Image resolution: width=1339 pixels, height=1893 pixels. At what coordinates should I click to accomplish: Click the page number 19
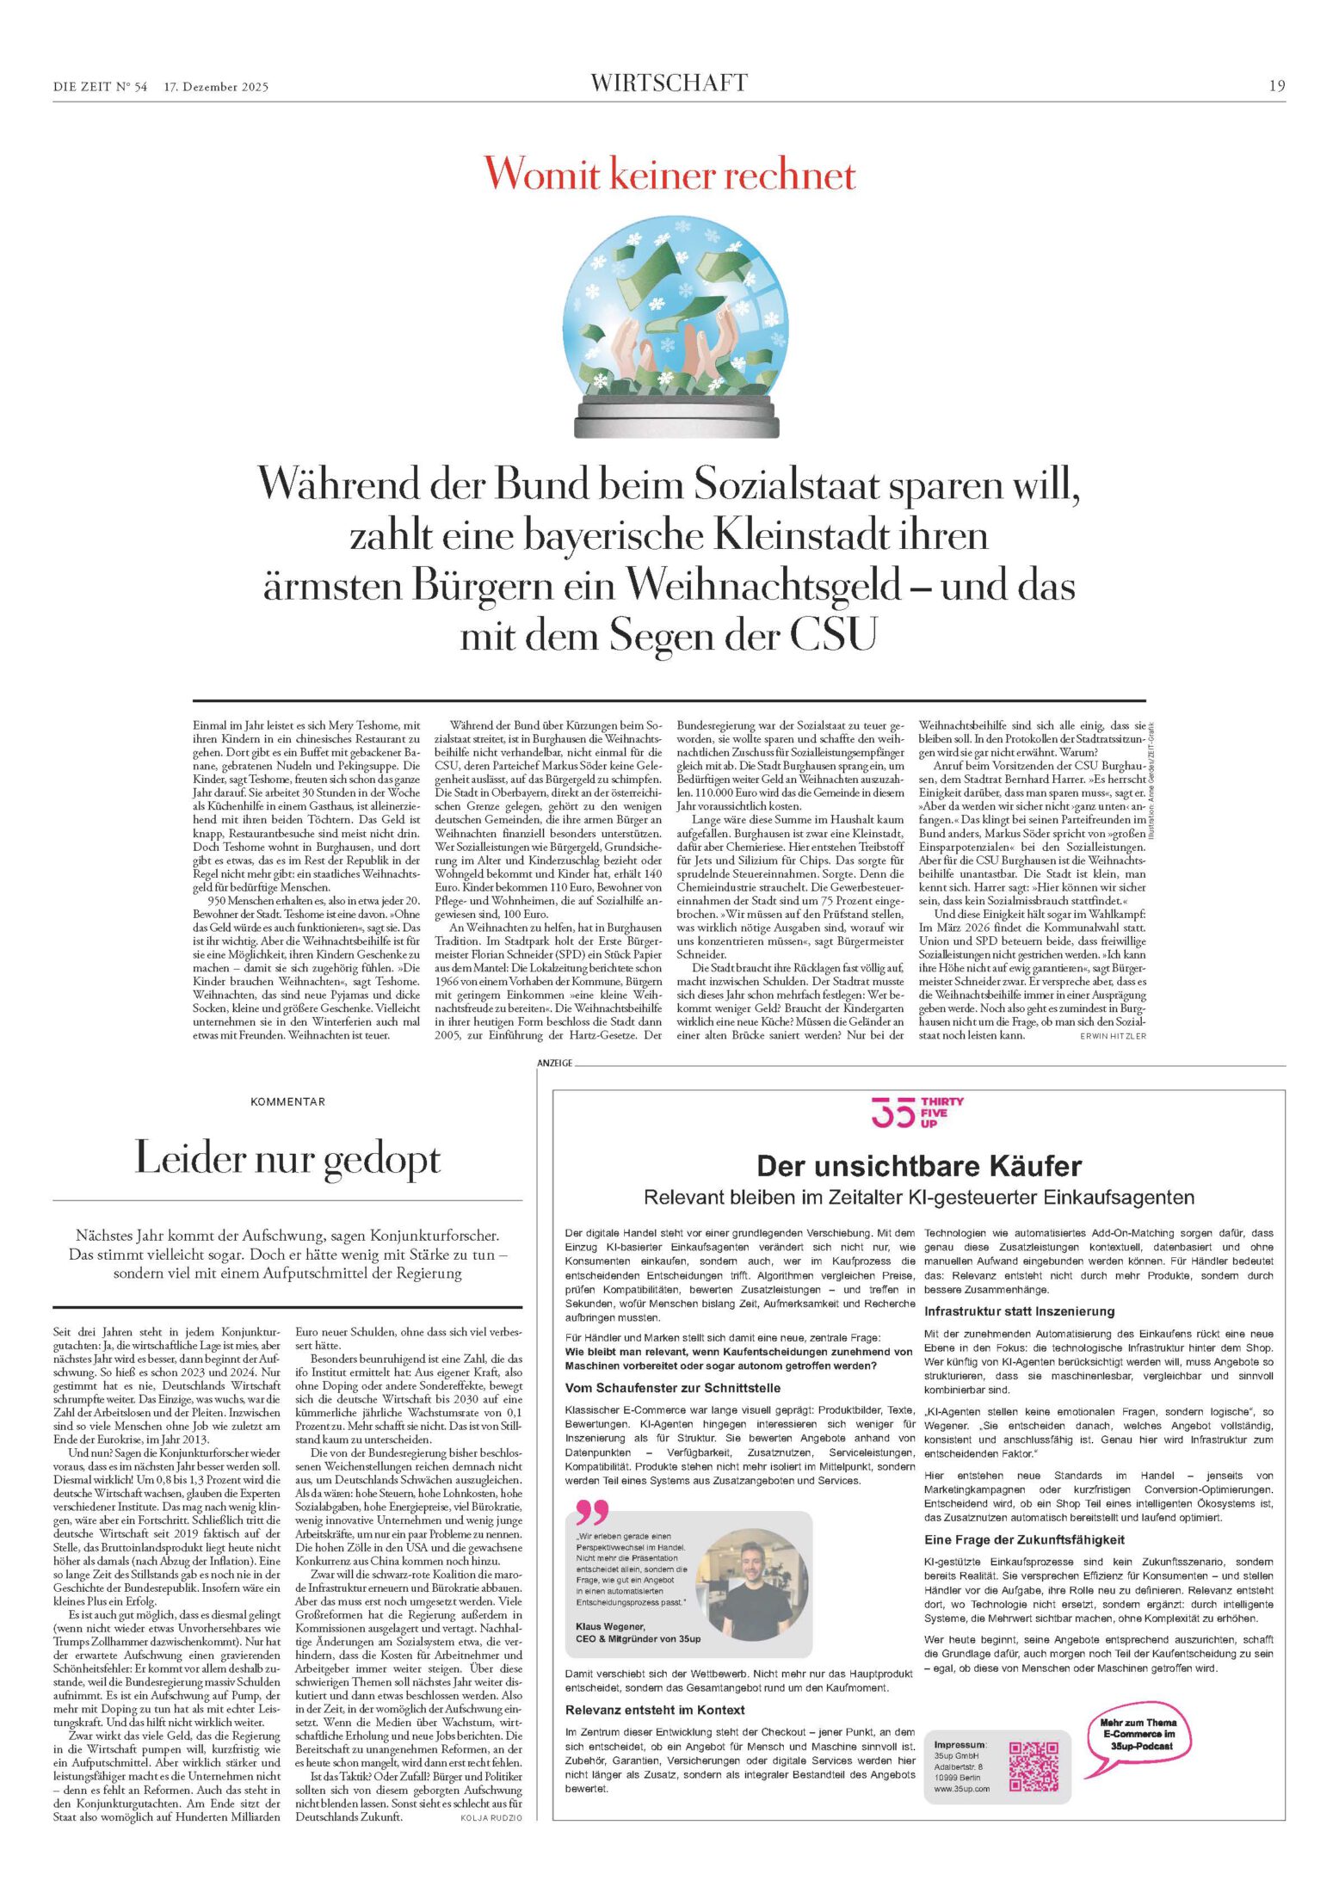coord(1276,85)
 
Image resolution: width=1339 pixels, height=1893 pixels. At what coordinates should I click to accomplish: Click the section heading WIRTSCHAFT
coord(669,83)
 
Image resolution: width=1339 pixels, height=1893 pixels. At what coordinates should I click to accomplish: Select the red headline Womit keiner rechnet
coord(669,175)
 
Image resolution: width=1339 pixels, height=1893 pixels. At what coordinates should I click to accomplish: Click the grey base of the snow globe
coord(669,418)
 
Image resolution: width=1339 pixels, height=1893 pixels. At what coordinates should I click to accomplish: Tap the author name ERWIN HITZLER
coord(1113,1036)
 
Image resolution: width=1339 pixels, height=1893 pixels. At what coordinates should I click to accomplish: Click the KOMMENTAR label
coord(287,1101)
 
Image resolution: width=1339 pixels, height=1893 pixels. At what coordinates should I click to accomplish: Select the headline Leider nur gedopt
coord(287,1159)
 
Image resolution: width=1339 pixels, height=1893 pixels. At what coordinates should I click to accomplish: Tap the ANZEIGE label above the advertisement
coord(555,1064)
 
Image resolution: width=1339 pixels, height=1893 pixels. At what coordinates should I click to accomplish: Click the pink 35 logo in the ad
coord(892,1113)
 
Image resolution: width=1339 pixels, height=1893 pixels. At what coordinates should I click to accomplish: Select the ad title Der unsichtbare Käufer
coord(918,1167)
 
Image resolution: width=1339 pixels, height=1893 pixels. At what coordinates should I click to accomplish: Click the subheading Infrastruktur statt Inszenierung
coord(1019,1311)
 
